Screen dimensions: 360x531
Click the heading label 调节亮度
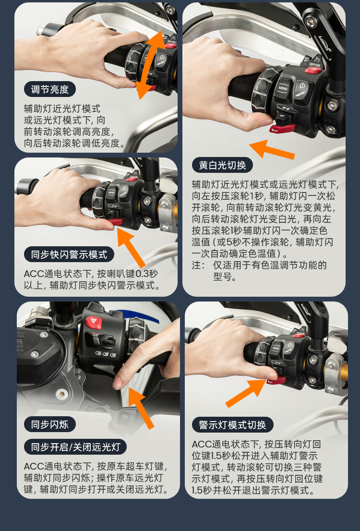pos(50,89)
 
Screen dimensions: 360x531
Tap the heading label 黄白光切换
pos(223,165)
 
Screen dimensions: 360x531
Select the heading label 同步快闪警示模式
pos(69,254)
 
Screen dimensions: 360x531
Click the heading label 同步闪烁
pos(50,424)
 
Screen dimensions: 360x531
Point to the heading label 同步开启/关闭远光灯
pos(75,447)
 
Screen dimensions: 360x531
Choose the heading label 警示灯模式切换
pos(233,425)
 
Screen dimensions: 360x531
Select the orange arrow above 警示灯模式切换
pos(246,393)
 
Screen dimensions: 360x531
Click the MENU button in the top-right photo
pos(283,89)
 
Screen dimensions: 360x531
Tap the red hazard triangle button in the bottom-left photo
pos(94,322)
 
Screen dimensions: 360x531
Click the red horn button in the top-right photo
pos(282,129)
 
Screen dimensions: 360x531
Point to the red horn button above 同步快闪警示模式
pos(116,222)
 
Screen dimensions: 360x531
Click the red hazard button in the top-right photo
pos(313,70)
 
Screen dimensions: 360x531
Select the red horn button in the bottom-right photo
pos(276,381)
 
